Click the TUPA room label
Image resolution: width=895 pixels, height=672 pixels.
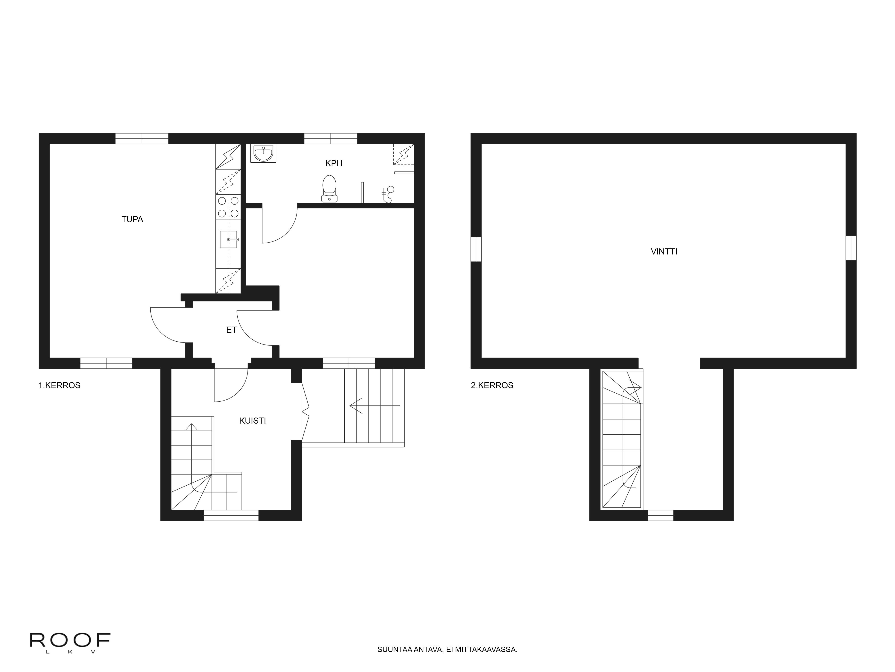click(132, 219)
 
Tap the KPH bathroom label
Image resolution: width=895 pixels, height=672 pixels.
click(334, 163)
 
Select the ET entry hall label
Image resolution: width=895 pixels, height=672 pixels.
click(231, 330)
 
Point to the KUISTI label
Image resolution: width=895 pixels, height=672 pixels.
click(252, 420)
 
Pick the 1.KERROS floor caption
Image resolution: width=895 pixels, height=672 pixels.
click(60, 385)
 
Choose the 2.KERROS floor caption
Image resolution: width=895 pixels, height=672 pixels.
click(492, 385)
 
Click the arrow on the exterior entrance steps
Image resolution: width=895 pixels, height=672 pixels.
click(375, 405)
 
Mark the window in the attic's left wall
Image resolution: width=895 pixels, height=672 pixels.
click(476, 249)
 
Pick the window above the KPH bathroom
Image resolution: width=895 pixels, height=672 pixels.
click(330, 138)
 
